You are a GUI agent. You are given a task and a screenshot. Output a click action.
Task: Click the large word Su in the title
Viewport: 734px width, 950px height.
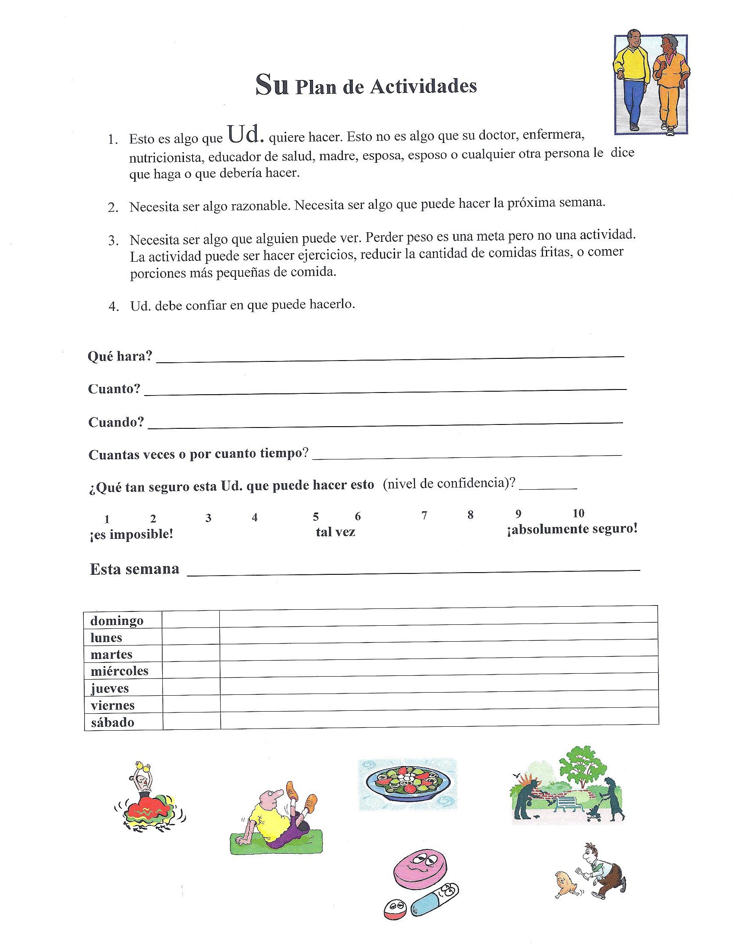tap(272, 85)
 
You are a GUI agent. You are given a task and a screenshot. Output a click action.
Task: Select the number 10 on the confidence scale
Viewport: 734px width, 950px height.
tap(578, 513)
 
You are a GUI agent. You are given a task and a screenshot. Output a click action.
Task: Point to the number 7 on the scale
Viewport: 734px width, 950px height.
tap(424, 516)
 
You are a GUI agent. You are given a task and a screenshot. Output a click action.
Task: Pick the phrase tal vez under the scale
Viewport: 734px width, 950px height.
tap(335, 532)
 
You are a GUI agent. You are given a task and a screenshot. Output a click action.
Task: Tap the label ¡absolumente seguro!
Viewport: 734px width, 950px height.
tap(572, 529)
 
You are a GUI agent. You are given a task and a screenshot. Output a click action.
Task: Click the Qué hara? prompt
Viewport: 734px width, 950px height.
tap(120, 356)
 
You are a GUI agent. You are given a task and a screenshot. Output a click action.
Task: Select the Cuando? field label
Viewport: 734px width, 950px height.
tap(116, 422)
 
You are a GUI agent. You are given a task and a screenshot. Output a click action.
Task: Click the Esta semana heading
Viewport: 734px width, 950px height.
tap(134, 569)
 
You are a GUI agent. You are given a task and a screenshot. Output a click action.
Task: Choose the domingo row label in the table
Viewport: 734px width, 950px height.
tap(117, 620)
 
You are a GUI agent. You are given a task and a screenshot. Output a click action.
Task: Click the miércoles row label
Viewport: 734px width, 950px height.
tap(119, 671)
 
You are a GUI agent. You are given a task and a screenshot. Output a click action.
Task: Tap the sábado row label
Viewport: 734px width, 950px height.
tap(113, 722)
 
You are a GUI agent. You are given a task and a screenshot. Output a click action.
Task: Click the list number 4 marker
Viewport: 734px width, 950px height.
tap(114, 307)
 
